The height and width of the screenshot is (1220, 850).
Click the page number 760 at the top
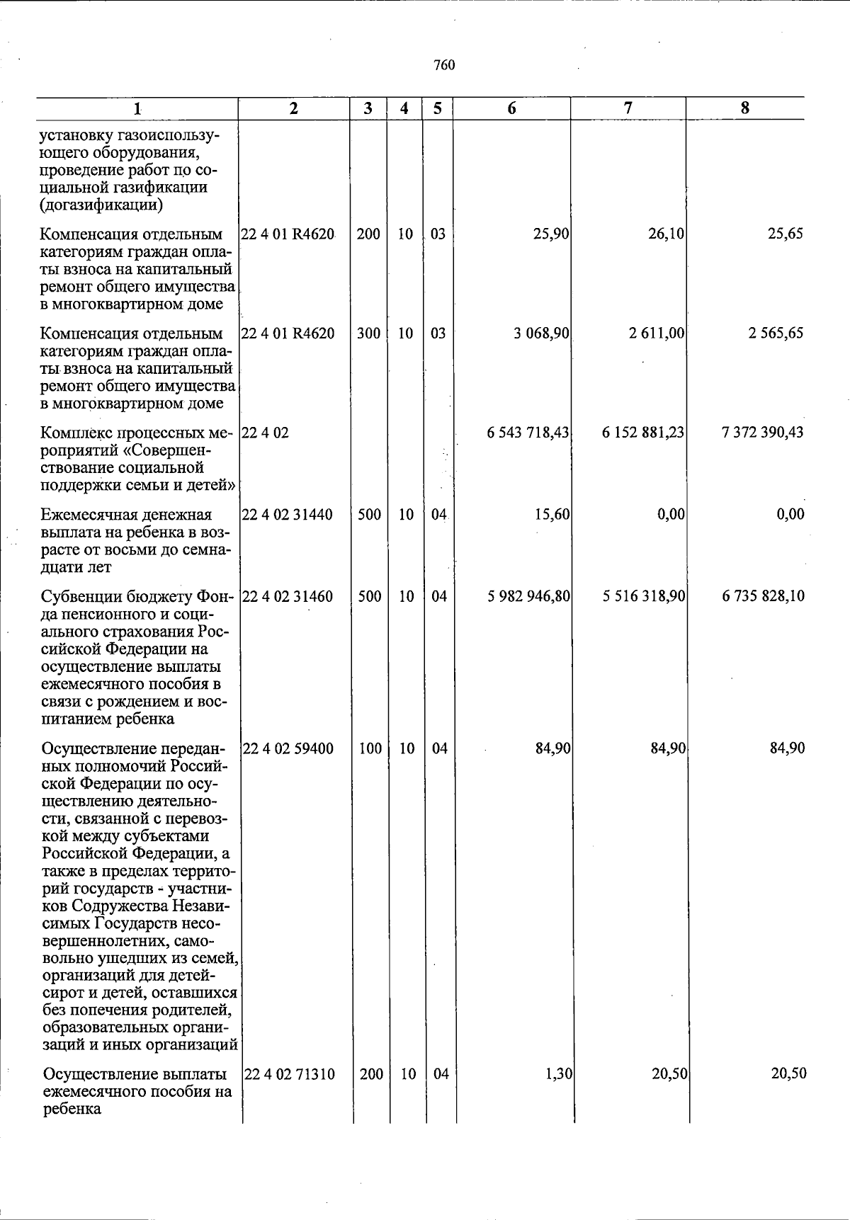(443, 66)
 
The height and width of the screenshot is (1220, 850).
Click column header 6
(511, 108)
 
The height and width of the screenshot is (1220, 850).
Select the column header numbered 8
(744, 108)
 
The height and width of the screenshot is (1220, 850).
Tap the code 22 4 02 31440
(288, 515)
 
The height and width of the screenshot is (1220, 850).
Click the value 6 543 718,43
(528, 433)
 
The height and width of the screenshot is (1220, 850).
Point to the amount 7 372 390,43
(762, 433)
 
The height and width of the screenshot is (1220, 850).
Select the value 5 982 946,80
(529, 597)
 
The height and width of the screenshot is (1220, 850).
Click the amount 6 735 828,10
(763, 597)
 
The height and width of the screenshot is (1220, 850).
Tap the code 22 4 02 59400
(288, 748)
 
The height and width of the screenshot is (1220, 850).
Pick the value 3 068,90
(542, 333)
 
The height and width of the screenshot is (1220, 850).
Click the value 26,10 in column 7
(666, 234)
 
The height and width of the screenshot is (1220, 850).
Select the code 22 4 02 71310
(290, 1074)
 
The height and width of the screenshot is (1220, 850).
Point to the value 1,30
(560, 1074)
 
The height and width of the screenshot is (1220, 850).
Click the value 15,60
(552, 515)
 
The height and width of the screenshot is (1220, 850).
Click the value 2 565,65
(776, 333)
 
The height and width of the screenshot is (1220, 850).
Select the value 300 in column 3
(368, 333)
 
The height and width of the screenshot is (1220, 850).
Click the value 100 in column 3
(370, 748)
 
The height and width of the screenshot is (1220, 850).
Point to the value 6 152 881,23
(643, 433)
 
